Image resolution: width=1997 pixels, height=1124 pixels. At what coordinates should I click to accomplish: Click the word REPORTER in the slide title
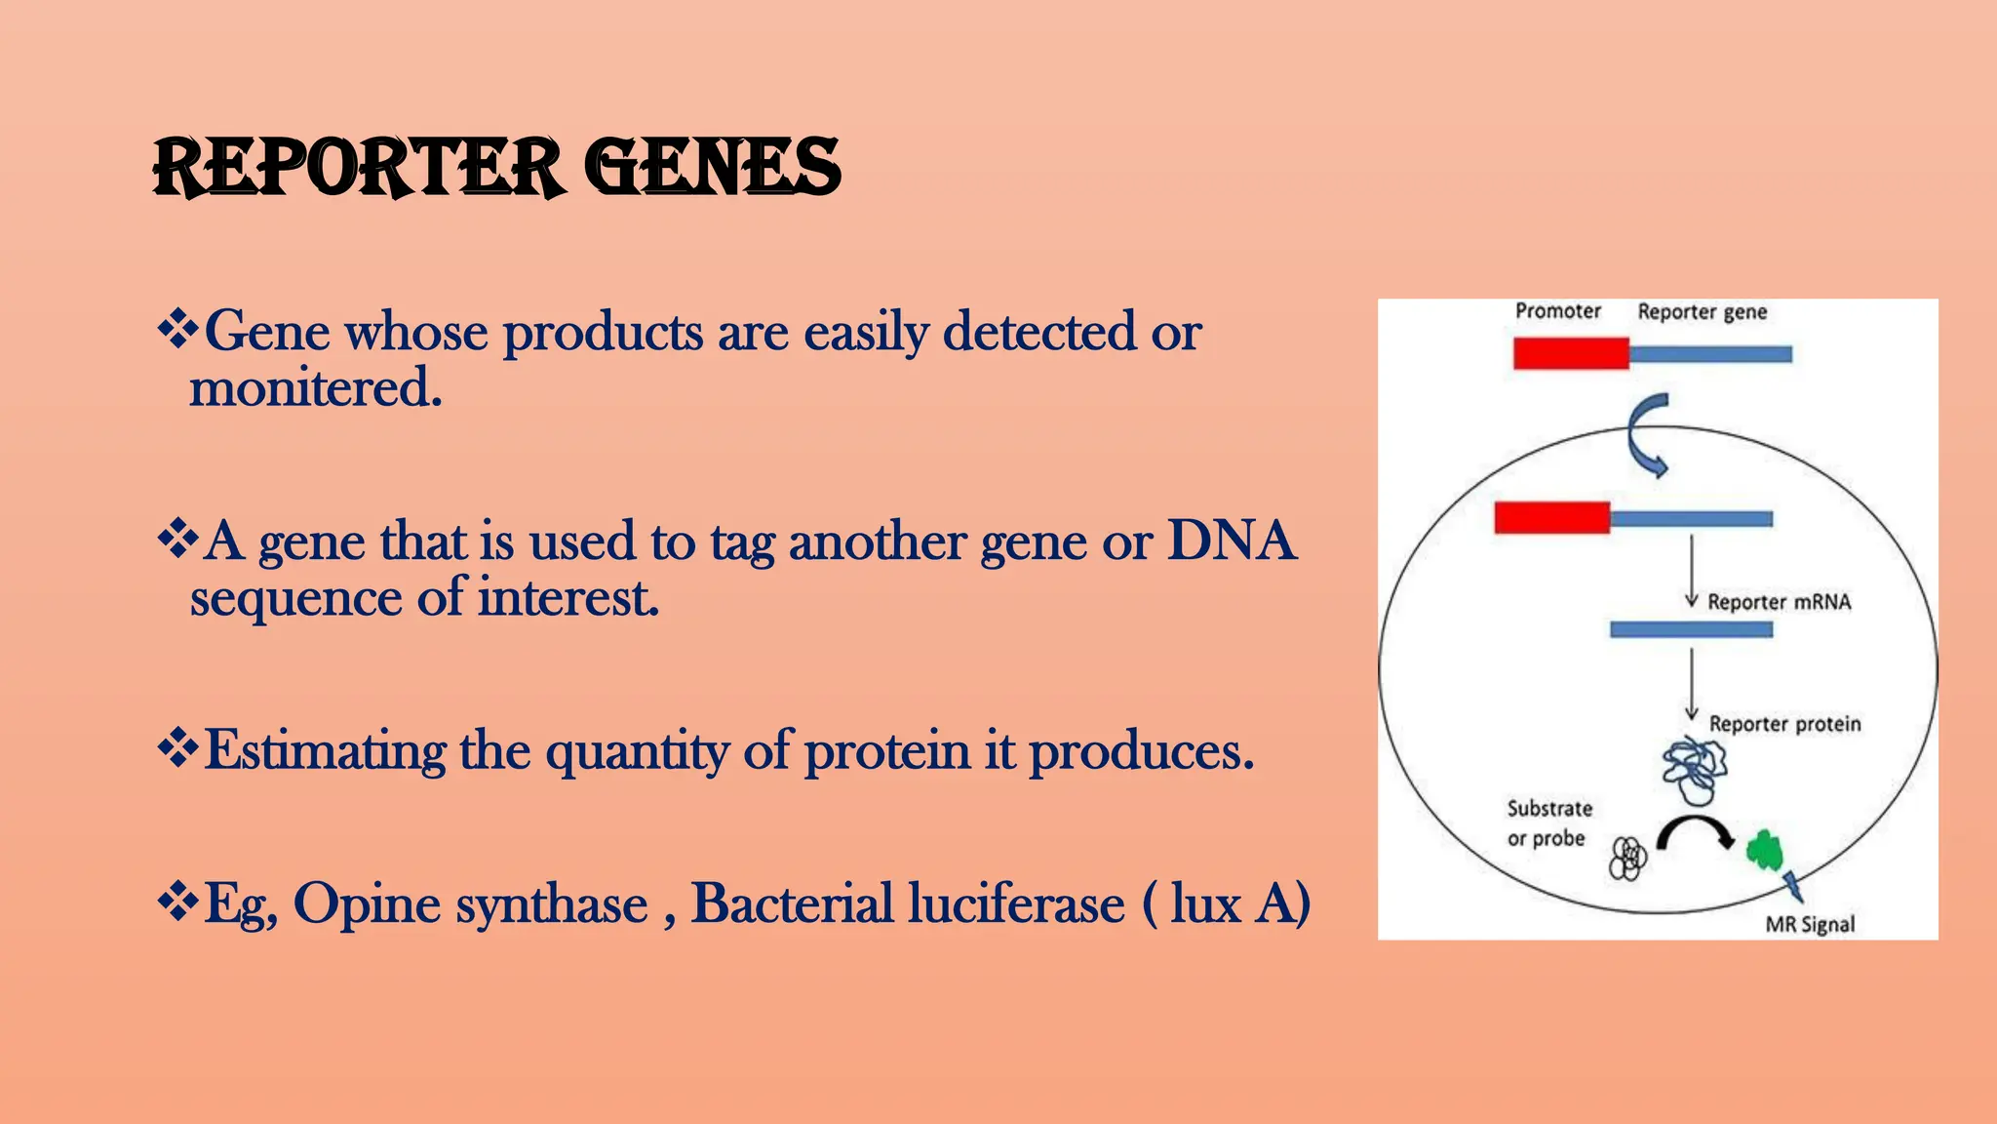357,168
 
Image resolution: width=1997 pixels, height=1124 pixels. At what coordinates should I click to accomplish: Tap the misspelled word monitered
315,388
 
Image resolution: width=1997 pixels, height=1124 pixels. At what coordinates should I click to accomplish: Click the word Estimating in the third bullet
326,751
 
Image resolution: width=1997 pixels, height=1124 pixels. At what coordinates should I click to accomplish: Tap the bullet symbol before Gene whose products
176,330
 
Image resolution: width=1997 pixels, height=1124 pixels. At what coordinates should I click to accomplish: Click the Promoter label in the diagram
1557,311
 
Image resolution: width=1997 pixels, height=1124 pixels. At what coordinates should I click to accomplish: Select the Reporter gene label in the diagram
1702,312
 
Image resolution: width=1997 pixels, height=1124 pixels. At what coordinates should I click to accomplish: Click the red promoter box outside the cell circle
1570,353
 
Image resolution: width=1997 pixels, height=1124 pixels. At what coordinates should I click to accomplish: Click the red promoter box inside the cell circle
1551,518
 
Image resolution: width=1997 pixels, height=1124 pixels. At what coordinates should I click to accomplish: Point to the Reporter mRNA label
1778,602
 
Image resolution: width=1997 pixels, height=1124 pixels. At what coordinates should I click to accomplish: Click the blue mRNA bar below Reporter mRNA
1691,630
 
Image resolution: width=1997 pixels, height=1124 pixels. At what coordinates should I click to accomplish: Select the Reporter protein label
1784,724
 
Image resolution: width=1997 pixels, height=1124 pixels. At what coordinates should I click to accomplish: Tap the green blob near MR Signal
1764,851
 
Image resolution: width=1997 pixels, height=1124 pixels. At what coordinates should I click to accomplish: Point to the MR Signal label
1810,924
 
